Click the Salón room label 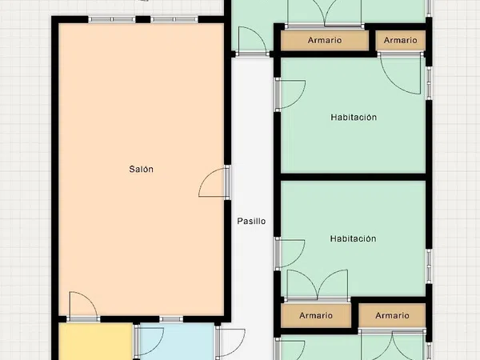141,169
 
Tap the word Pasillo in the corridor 251,221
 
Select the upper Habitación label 354,118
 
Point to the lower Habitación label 353,238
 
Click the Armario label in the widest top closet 325,40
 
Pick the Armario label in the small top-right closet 401,40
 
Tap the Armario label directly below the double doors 316,315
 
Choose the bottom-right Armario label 392,315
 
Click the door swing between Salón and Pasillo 213,182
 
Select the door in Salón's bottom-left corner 83,305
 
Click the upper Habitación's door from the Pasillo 291,94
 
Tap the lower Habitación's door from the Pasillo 291,254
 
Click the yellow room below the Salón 95,342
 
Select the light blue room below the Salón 177,342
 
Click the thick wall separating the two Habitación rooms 354,177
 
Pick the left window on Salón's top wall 112,19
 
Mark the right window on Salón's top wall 174,19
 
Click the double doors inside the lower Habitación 318,284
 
